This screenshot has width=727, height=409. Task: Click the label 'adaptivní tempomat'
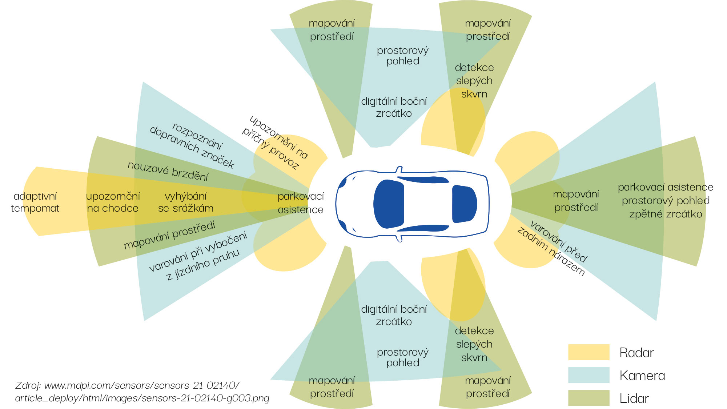click(x=35, y=202)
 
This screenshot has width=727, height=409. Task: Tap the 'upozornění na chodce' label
click(x=113, y=202)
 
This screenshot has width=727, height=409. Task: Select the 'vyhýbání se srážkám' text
click(x=185, y=202)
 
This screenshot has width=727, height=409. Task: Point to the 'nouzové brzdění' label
click(x=168, y=171)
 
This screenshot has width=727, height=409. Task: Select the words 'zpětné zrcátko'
click(x=666, y=214)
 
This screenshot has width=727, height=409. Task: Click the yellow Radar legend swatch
click(x=589, y=352)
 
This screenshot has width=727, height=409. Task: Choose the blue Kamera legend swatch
click(x=589, y=375)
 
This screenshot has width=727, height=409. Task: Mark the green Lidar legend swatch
click(x=589, y=398)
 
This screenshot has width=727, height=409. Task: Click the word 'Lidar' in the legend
click(x=634, y=398)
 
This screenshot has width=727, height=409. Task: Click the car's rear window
click(x=464, y=204)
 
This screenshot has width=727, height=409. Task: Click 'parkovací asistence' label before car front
click(x=300, y=203)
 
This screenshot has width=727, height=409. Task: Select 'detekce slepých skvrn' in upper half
click(x=474, y=81)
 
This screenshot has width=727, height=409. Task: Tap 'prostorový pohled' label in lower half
click(x=402, y=357)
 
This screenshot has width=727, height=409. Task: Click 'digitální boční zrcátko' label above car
click(x=394, y=107)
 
